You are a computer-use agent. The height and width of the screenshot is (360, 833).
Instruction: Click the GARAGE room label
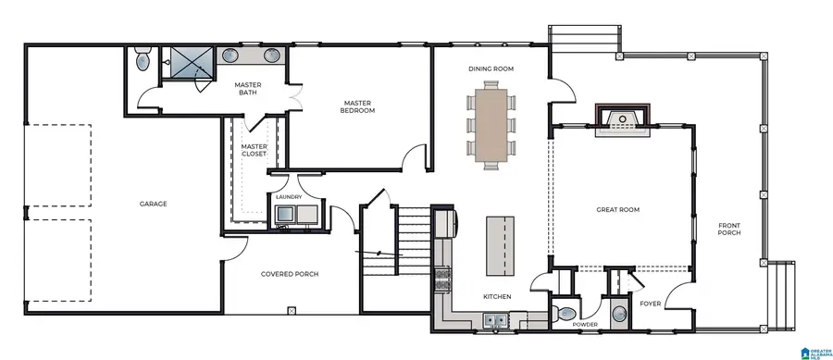pyautogui.click(x=153, y=204)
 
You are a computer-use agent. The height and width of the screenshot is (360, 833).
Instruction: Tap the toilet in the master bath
pyautogui.click(x=141, y=62)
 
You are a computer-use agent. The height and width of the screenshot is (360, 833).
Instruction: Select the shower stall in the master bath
pyautogui.click(x=188, y=62)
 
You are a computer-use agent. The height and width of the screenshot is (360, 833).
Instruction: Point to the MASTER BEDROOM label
pyautogui.click(x=357, y=106)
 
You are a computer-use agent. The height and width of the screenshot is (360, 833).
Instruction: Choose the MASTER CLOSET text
pyautogui.click(x=254, y=150)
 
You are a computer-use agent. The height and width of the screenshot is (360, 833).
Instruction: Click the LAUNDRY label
pyautogui.click(x=290, y=196)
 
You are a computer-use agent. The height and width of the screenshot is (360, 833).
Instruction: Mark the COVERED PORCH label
pyautogui.click(x=290, y=274)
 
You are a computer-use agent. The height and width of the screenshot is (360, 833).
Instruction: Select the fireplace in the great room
pyautogui.click(x=623, y=119)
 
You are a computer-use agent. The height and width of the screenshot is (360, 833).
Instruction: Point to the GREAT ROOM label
pyautogui.click(x=618, y=210)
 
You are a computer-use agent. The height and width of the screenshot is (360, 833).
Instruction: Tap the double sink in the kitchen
pyautogui.click(x=493, y=321)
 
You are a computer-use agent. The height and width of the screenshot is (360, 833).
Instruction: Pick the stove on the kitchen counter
pyautogui.click(x=442, y=275)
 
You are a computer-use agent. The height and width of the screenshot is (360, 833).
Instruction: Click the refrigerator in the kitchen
pyautogui.click(x=445, y=223)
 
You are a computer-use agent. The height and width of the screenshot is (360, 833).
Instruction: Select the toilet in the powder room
pyautogui.click(x=566, y=312)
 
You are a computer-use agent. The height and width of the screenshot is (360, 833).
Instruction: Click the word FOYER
pyautogui.click(x=650, y=303)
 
